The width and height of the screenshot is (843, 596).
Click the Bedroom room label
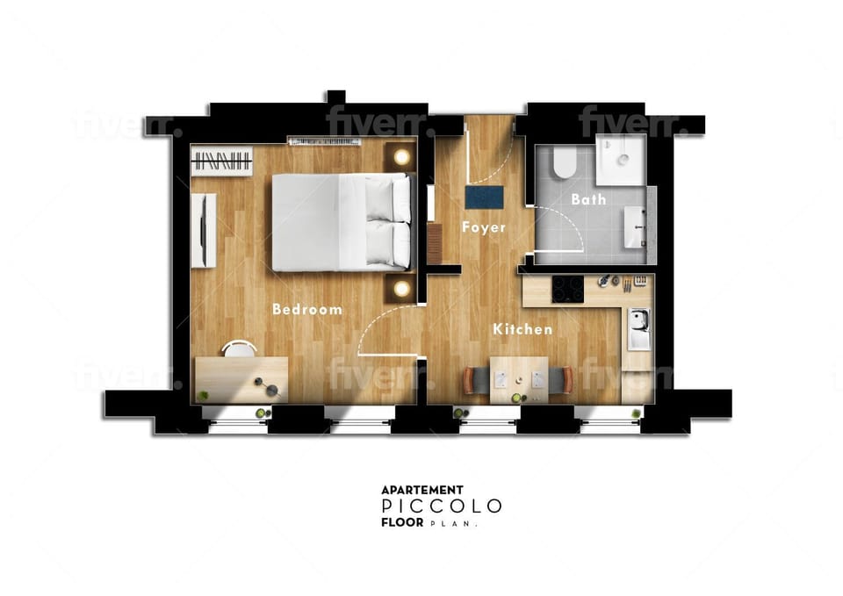coord(306,310)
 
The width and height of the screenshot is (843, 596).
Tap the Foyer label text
coord(484,227)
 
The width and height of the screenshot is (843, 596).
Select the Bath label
coord(587,199)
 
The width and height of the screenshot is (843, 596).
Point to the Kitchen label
coord(522,329)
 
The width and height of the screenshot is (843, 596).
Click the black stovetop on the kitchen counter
coord(566,289)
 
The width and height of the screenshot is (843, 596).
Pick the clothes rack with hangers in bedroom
coord(222,161)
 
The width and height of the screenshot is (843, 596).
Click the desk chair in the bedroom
coord(239,349)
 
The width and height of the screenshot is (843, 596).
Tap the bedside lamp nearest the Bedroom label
coord(402,288)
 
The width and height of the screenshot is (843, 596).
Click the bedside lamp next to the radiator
coord(402,157)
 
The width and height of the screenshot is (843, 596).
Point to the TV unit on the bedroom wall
coord(204,230)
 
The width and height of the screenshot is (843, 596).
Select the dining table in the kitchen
coord(518,379)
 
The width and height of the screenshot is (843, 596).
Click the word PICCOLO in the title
coord(442,506)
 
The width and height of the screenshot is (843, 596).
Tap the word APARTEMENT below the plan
coord(421,489)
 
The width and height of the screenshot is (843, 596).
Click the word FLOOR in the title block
coord(401,522)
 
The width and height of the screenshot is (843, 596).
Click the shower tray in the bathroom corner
coord(621,160)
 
